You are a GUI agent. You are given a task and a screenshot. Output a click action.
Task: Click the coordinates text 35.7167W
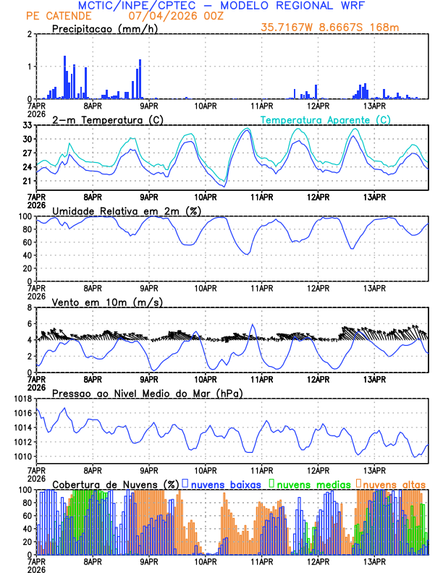point(288,27)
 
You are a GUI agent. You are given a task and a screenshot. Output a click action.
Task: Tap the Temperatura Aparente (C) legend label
point(325,119)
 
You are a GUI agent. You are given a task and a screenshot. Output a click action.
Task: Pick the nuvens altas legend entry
point(395,483)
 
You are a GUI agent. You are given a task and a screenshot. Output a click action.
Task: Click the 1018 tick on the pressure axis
point(23,399)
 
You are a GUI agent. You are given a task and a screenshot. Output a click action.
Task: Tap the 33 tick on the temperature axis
point(28,125)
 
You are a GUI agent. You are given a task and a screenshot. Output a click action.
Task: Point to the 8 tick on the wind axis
point(31,307)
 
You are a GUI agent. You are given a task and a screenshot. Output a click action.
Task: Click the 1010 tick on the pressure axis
point(23,457)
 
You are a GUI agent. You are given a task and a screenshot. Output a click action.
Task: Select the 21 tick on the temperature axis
point(28,182)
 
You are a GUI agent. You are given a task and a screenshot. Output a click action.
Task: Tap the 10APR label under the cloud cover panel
point(206,561)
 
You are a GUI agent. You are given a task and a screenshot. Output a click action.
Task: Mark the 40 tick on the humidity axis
point(28,255)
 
